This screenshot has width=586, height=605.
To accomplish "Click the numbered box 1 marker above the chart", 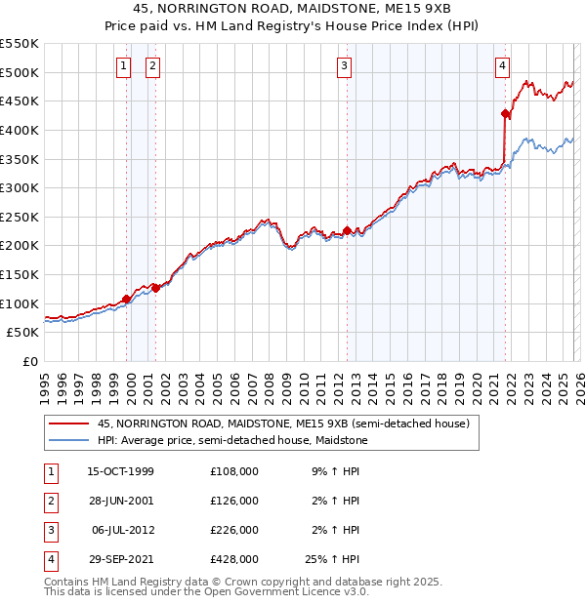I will [x=124, y=66].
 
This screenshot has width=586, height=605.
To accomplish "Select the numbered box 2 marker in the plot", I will [x=153, y=66].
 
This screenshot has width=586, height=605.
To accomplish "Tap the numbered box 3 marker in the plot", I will [x=345, y=66].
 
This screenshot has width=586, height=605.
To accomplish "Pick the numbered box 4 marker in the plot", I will [x=502, y=66].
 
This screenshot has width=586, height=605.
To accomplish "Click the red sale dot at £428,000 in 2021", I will [x=505, y=114].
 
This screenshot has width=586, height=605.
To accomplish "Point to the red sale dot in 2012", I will [x=347, y=230].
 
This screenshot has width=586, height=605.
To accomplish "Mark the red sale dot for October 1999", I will [x=127, y=299].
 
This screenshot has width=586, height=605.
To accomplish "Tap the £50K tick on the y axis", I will [x=22, y=333].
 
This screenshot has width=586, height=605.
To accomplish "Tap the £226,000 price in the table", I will [x=234, y=530].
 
